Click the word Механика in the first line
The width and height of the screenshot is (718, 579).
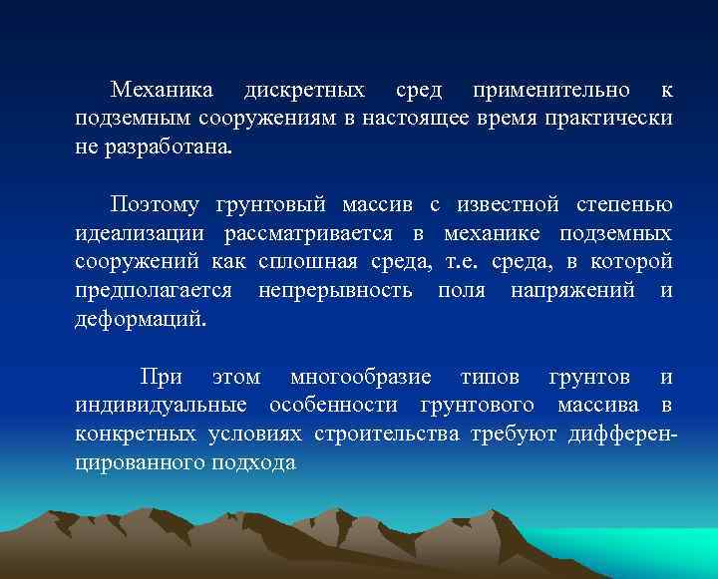tap(162, 91)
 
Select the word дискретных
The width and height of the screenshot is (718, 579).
tap(304, 91)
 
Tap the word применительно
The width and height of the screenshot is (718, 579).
tap(551, 91)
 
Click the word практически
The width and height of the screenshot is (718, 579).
tap(612, 120)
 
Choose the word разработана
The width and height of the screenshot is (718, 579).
tap(166, 148)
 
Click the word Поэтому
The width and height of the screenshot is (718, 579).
tap(157, 205)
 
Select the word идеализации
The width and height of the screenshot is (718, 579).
tap(140, 234)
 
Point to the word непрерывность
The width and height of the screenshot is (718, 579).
tap(335, 291)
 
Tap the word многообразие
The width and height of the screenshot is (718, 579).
tap(360, 378)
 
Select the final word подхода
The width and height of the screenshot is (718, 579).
tap(253, 463)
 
